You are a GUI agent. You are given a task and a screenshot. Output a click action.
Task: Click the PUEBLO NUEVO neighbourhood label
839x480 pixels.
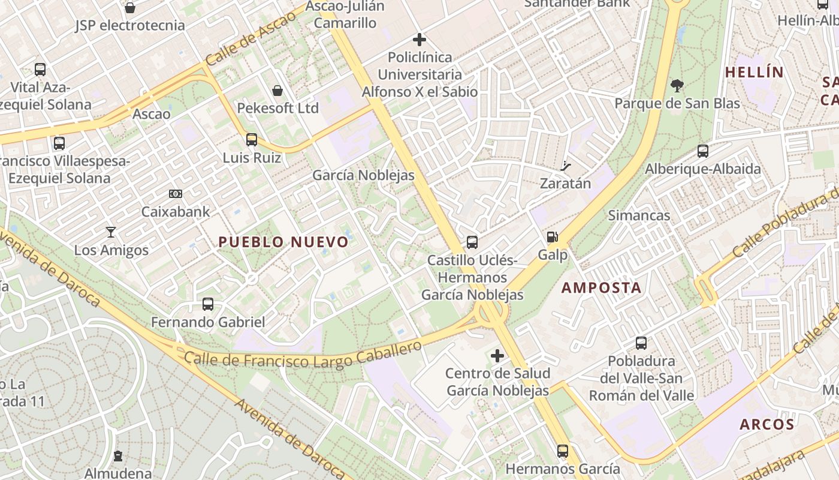[x=283, y=242]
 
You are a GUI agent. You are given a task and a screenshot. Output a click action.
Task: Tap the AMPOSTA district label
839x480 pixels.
[x=601, y=287]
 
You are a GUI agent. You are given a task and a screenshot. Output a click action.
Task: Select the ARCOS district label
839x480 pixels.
[x=766, y=424]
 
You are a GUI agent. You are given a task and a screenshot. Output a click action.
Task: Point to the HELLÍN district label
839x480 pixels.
[x=754, y=72]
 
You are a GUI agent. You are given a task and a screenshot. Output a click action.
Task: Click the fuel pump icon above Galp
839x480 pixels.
[x=552, y=237]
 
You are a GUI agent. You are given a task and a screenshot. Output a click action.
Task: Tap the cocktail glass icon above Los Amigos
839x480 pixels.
[x=111, y=232]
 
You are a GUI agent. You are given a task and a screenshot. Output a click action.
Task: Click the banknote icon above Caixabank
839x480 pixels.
[x=176, y=193]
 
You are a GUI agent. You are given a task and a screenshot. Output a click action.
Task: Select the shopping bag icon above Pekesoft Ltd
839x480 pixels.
[x=277, y=91]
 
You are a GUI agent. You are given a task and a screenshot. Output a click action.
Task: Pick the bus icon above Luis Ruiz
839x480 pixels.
[x=252, y=140]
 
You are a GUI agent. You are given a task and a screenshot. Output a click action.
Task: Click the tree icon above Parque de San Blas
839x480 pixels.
[x=677, y=85]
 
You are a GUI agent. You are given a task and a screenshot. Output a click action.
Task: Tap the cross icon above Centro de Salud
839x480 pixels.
[x=497, y=356]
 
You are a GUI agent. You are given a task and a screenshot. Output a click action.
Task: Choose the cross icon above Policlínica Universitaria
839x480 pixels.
[x=419, y=40]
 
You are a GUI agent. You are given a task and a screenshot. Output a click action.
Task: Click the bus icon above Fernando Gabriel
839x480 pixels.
[x=208, y=304]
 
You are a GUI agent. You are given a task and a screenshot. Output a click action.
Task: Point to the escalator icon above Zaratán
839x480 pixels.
[x=565, y=166]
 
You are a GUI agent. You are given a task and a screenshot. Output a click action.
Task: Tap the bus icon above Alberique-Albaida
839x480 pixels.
[x=703, y=151]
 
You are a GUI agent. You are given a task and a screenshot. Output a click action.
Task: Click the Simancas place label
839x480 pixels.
[x=639, y=215]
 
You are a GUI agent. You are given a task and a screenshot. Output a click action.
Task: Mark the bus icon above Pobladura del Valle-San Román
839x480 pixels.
[x=641, y=343]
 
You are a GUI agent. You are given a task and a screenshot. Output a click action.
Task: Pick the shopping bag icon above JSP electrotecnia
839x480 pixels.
[x=130, y=8]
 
